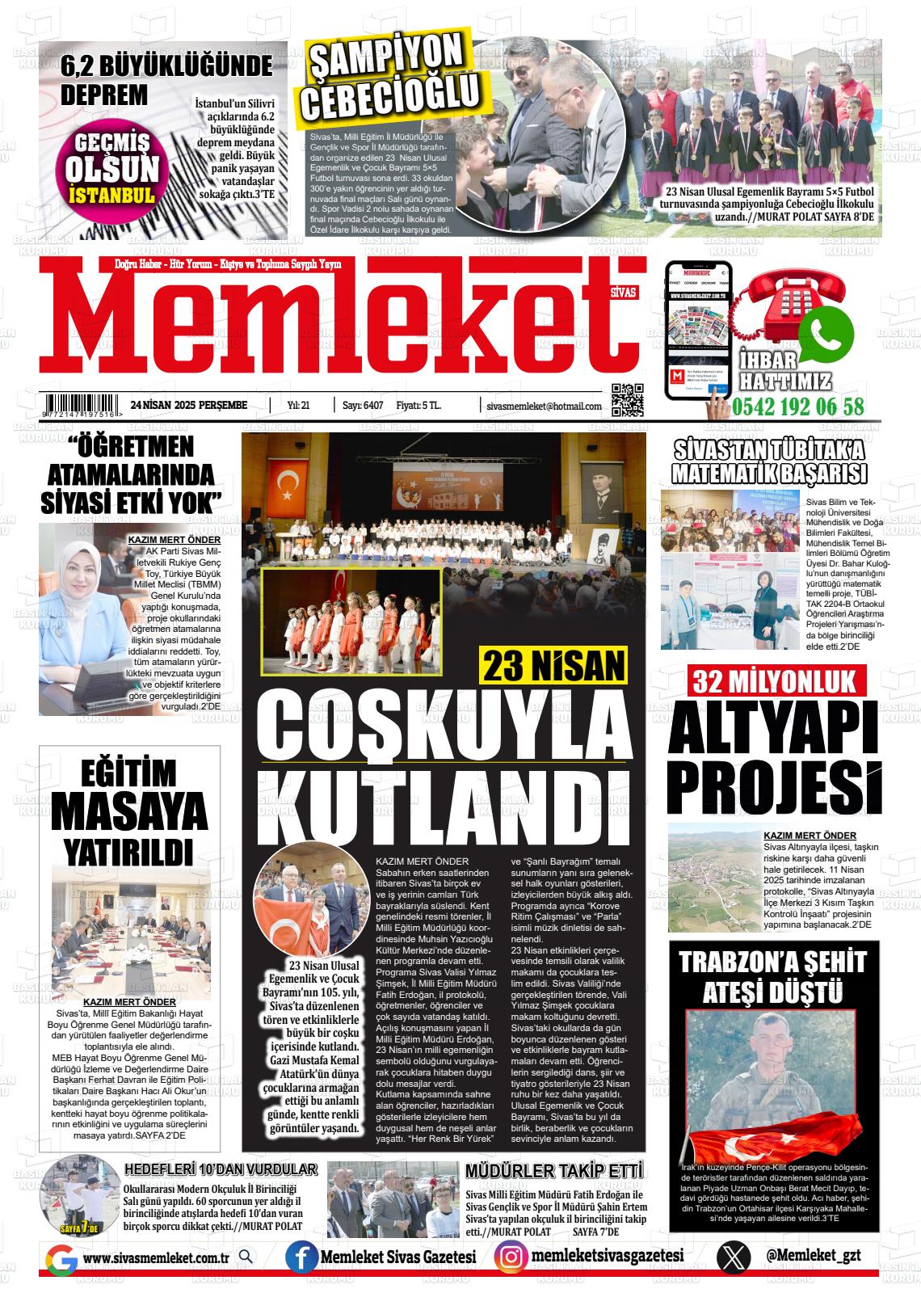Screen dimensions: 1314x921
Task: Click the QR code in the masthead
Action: [627, 399]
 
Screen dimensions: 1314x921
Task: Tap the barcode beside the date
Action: [83, 405]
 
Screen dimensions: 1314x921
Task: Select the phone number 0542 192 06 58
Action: [798, 407]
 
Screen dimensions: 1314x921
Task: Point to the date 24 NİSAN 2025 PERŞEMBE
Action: [188, 406]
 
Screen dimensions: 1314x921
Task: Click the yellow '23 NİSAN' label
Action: [554, 666]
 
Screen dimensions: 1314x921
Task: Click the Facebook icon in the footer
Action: [301, 1257]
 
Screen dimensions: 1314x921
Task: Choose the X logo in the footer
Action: [733, 1257]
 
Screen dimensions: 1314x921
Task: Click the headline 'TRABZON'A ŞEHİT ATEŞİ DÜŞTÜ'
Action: [773, 975]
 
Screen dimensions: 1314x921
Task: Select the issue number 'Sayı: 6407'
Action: [362, 406]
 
